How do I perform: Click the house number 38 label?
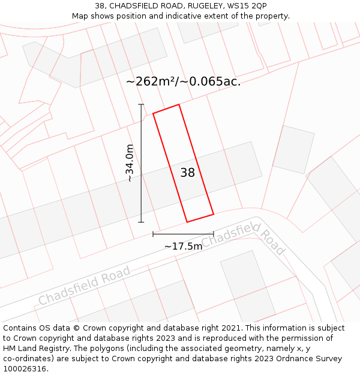(188, 173)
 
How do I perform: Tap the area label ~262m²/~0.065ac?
(184, 82)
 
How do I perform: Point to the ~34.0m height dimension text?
(130, 163)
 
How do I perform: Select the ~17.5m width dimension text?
(183, 246)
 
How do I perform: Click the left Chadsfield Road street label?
(85, 286)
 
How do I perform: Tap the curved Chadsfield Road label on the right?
(243, 238)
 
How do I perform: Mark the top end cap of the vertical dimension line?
(142, 104)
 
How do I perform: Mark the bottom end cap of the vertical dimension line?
(142, 222)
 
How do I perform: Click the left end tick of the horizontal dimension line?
(153, 233)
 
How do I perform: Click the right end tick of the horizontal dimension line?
(214, 233)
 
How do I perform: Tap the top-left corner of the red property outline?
(153, 113)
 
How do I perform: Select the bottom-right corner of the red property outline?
(214, 214)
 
